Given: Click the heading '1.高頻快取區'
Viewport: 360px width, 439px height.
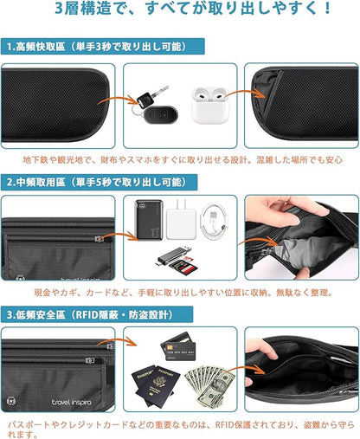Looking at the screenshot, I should click(38, 48).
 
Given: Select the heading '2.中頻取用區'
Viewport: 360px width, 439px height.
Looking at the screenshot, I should click(38, 184).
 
